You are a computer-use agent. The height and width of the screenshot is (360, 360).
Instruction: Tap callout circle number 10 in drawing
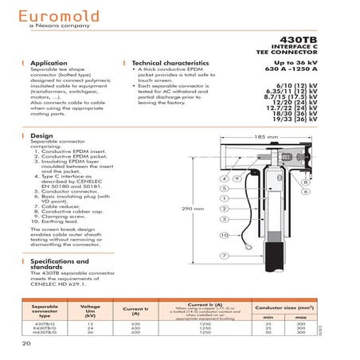point(225,236)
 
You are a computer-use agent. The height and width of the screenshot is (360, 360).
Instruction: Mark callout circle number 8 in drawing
point(306,160)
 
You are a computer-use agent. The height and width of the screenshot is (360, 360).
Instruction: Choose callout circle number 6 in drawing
point(306,170)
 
